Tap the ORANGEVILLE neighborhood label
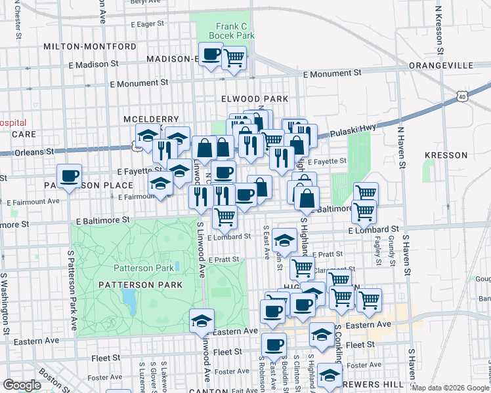[x=440, y=66]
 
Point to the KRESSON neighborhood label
[x=446, y=155]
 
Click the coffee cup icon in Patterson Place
[x=69, y=175]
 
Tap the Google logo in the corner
[x=22, y=385]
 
